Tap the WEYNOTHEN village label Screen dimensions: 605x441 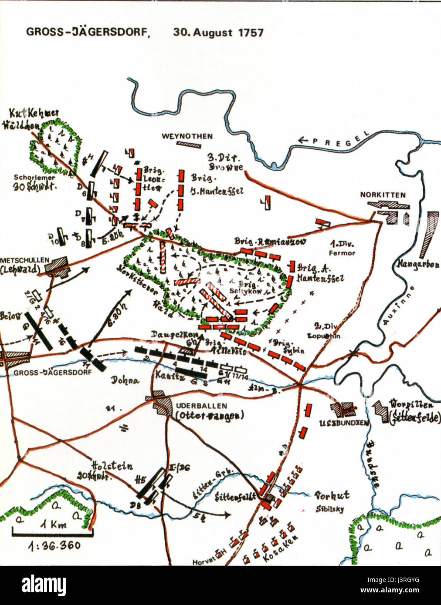pos(187,136)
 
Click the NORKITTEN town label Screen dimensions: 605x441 pos(383,195)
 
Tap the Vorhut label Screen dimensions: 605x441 pos(332,495)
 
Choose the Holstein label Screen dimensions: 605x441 pos(112,466)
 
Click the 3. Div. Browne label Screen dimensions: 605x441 pos(224,162)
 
